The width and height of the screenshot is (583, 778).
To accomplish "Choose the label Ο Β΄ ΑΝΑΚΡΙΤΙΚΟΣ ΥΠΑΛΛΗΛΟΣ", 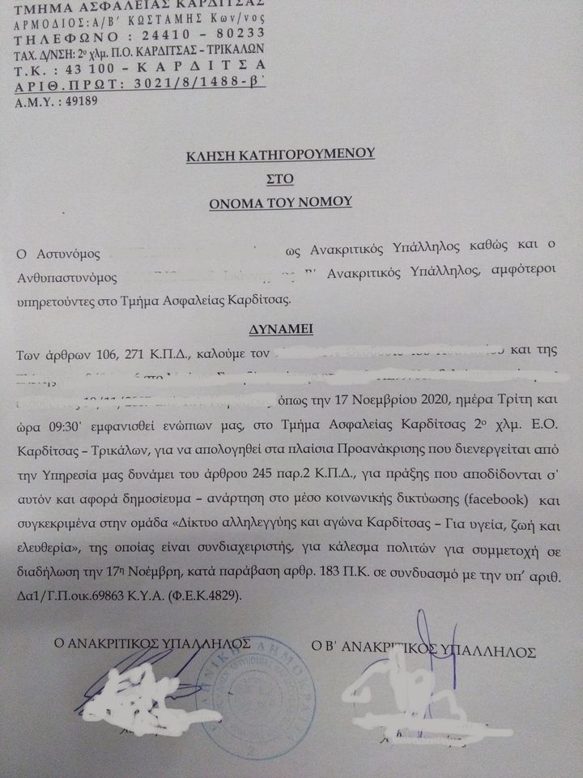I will pyautogui.click(x=424, y=649).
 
